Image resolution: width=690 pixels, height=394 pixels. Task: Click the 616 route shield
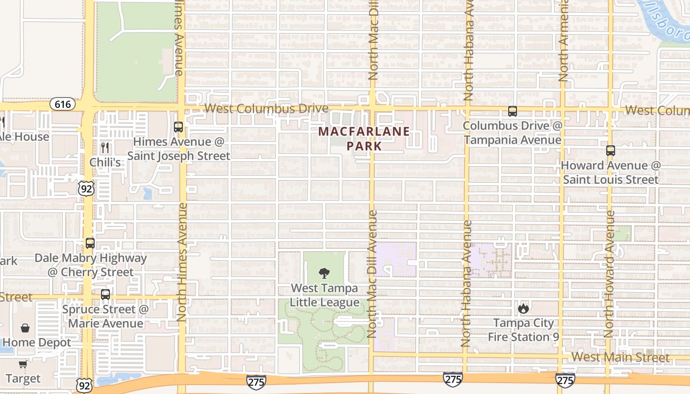(x=63, y=104)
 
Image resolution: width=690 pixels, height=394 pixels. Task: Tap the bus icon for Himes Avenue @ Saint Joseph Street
(x=178, y=127)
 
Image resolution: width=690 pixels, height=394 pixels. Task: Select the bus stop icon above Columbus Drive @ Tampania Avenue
(x=513, y=111)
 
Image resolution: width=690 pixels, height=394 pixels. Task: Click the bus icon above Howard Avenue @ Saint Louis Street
(x=611, y=151)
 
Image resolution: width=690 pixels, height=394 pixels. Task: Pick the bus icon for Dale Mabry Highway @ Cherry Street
(x=90, y=243)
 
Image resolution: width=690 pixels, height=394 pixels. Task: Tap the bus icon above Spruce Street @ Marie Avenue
(x=105, y=295)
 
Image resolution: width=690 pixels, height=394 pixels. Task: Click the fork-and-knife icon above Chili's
(x=105, y=147)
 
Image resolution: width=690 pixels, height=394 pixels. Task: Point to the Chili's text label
(x=105, y=162)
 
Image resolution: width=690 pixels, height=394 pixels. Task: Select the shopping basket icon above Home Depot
(x=25, y=328)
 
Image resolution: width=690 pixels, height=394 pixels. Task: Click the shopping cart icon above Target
(x=23, y=364)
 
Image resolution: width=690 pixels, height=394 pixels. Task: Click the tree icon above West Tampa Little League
(x=324, y=273)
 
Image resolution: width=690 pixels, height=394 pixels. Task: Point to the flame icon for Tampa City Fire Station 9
(x=523, y=309)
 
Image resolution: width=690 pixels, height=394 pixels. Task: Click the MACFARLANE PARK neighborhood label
(x=364, y=139)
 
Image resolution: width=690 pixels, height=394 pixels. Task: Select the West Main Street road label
(x=621, y=357)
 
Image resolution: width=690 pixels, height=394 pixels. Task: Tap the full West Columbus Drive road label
(x=266, y=108)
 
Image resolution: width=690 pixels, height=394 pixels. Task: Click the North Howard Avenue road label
(x=610, y=274)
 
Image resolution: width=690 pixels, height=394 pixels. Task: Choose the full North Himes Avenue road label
(x=181, y=262)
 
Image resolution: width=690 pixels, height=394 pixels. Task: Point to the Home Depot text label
(x=36, y=342)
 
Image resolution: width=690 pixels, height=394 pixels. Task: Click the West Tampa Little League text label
(x=324, y=295)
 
